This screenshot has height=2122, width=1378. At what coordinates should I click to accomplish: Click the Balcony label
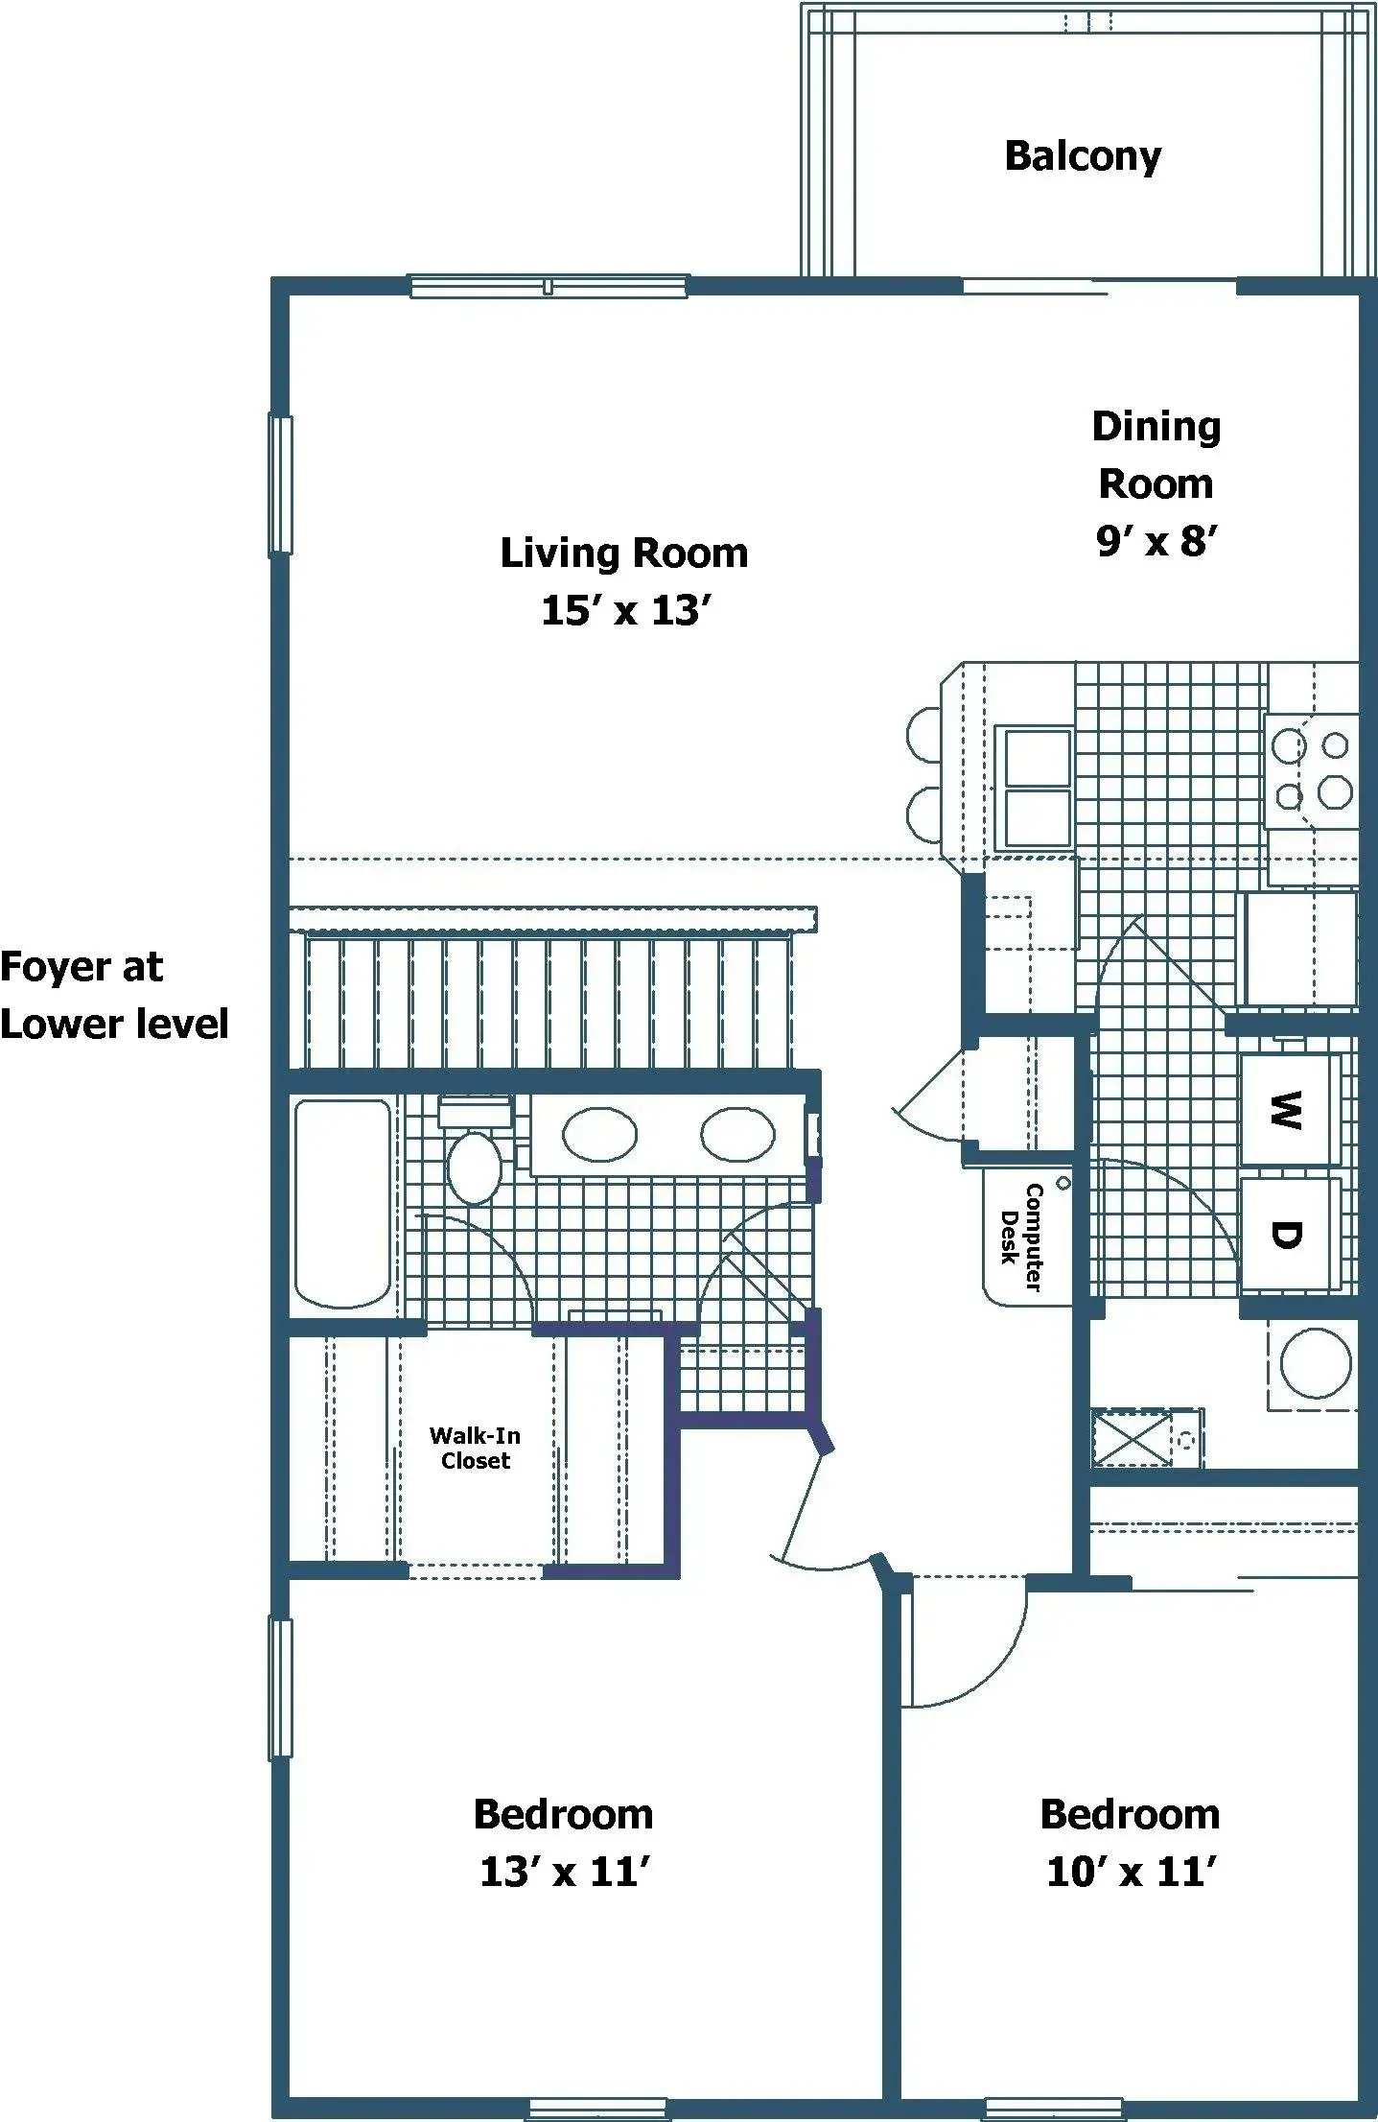click(x=1083, y=156)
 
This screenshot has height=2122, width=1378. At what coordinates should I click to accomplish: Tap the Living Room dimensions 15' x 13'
click(x=626, y=611)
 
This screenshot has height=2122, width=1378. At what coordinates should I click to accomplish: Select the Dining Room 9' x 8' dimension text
click(x=1156, y=542)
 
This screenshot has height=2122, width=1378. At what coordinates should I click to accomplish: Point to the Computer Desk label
click(x=1022, y=1237)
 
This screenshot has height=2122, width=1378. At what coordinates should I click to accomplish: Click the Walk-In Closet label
click(x=475, y=1448)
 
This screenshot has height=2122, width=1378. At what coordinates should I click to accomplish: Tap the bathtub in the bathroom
click(x=342, y=1204)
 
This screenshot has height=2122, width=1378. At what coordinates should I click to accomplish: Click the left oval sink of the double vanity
click(x=599, y=1135)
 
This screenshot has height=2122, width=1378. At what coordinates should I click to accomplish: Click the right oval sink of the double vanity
click(x=737, y=1135)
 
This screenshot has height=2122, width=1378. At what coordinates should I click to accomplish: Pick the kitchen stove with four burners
click(x=1311, y=770)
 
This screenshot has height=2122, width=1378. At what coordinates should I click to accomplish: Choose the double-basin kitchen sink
click(x=1037, y=788)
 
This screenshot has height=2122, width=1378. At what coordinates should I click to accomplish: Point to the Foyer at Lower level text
click(x=113, y=995)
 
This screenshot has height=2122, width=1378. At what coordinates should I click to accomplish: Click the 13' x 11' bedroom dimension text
click(x=565, y=1872)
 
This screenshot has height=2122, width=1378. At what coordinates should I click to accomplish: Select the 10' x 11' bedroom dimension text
click(x=1131, y=1872)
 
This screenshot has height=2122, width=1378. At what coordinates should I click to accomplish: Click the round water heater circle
click(x=1316, y=1362)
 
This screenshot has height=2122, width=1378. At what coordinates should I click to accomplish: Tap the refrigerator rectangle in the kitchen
click(x=1300, y=949)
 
